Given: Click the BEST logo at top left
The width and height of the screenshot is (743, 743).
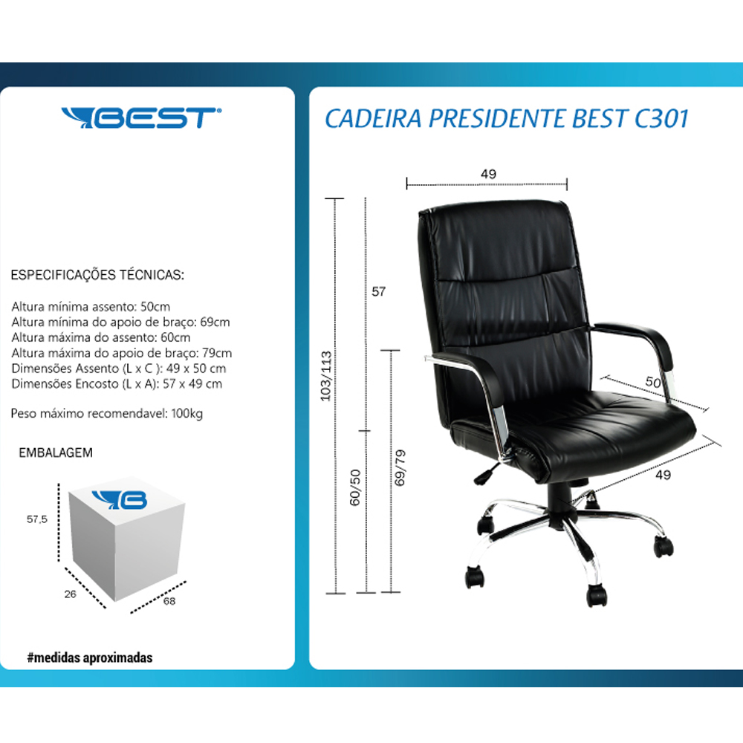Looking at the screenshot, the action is [141, 117].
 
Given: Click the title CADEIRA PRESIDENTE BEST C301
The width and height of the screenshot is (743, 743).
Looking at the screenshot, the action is [507, 118].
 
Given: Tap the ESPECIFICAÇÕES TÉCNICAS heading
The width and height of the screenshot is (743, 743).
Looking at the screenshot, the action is [97, 275].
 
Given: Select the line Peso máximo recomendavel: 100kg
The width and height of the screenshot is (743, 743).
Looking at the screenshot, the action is [106, 414].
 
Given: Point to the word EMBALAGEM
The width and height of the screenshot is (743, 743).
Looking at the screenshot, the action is [56, 452].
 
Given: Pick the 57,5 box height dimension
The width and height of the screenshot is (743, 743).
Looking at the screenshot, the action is [37, 519].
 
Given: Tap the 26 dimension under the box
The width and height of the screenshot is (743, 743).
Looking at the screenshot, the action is [70, 594].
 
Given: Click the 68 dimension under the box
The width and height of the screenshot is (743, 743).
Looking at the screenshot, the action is [169, 601].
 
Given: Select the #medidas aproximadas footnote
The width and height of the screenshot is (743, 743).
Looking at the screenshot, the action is [90, 658].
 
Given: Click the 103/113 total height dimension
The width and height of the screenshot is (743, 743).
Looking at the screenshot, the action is [326, 376].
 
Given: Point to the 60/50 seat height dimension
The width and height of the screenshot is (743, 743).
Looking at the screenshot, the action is [355, 487].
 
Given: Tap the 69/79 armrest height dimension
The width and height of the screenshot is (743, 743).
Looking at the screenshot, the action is [400, 467].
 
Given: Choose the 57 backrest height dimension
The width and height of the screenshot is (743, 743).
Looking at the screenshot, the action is [379, 291].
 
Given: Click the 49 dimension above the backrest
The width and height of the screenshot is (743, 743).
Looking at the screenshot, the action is [489, 174].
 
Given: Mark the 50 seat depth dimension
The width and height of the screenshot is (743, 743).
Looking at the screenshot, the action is [653, 382].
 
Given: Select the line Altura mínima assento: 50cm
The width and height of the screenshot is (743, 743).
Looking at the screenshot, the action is [91, 307].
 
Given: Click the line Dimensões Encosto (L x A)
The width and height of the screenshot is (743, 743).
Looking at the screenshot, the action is [117, 384].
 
